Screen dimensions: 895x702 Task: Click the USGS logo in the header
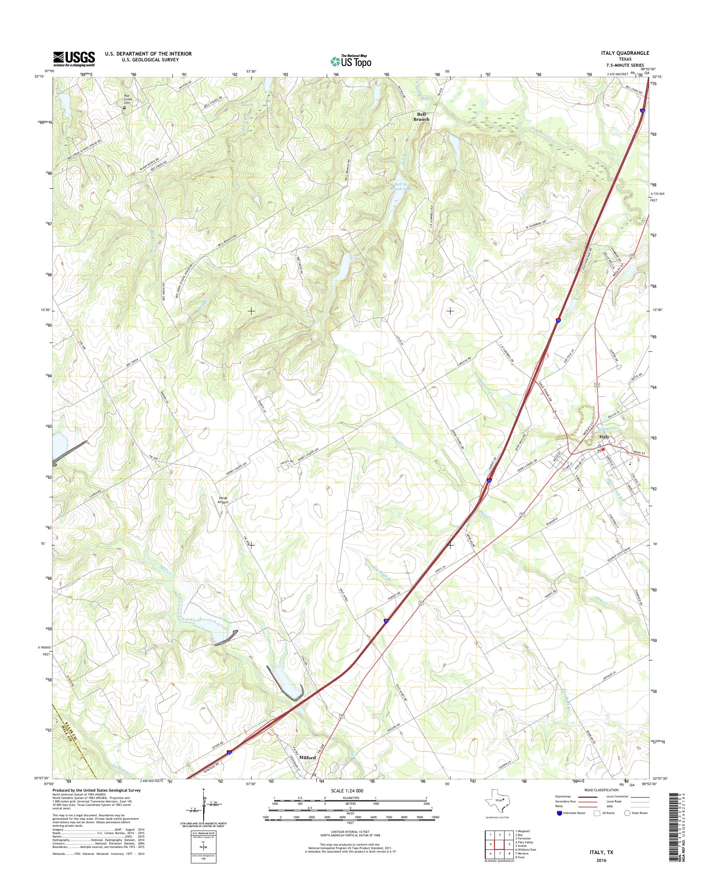click(74, 59)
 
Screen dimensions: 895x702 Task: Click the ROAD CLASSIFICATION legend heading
click(602, 790)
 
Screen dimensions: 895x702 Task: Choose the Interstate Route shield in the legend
click(559, 813)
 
